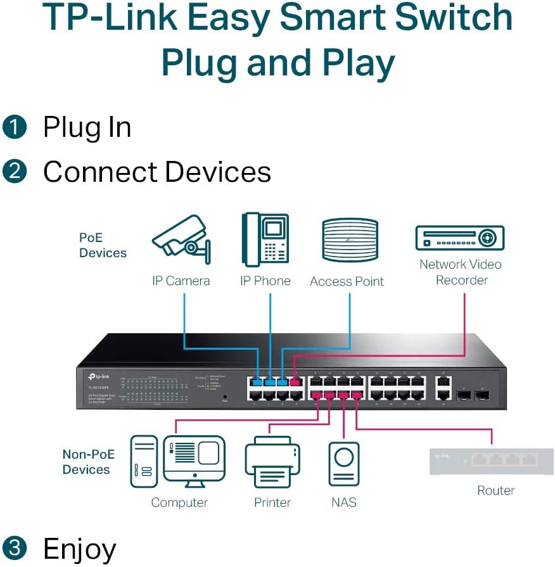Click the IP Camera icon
coord(180,241)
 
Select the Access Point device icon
coord(350,239)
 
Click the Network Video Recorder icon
coord(459,238)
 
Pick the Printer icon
coord(272,462)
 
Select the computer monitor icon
coord(194,458)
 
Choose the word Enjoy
coord(79,549)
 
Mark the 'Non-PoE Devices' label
coord(86,462)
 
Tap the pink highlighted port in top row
coord(295,382)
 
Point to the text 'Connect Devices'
coord(156,172)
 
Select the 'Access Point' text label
coord(347,281)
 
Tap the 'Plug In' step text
coord(87,127)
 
